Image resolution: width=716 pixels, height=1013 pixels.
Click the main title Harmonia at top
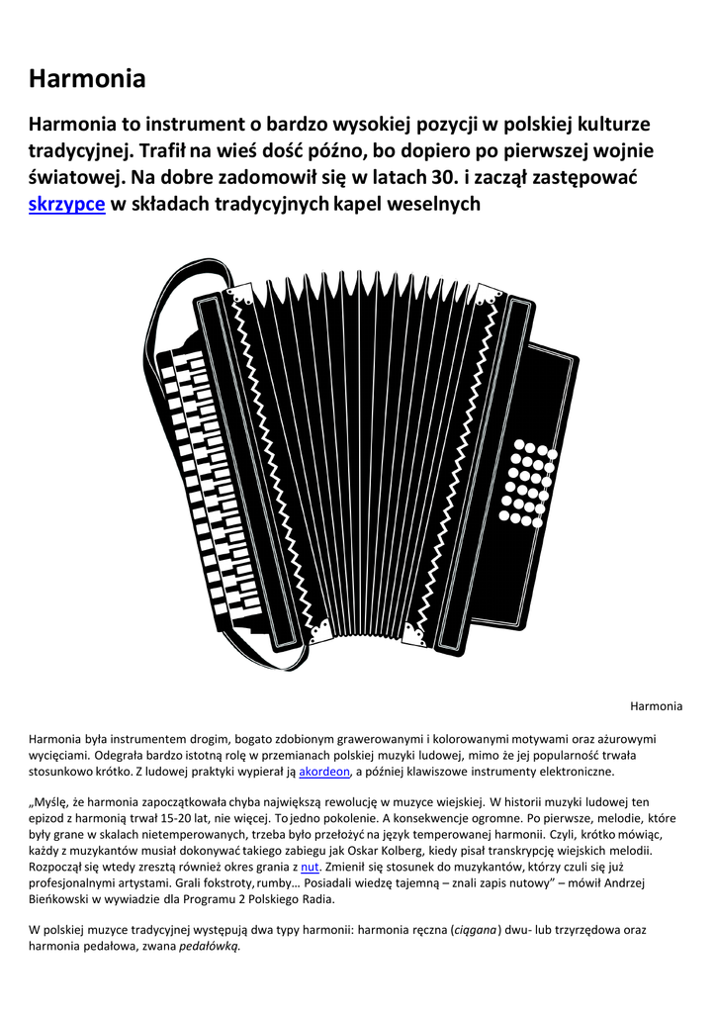pyautogui.click(x=87, y=78)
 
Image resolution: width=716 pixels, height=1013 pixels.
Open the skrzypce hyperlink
pyautogui.click(x=66, y=205)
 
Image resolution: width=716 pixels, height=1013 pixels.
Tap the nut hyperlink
pyautogui.click(x=309, y=868)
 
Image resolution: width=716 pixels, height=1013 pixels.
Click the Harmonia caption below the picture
pyautogui.click(x=656, y=706)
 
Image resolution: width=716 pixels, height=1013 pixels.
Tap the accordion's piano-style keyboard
pyautogui.click(x=203, y=485)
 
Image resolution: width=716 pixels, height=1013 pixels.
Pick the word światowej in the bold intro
pyautogui.click(x=76, y=178)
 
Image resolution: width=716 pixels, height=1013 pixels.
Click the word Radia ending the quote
pyautogui.click(x=317, y=899)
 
